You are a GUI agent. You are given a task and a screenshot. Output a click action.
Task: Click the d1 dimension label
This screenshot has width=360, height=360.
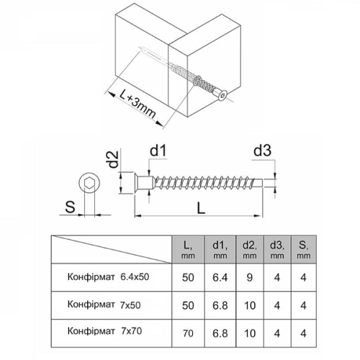158,151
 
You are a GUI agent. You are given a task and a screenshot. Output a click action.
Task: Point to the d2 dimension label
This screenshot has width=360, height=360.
113,159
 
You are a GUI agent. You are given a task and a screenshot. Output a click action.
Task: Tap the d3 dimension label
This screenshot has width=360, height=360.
262,150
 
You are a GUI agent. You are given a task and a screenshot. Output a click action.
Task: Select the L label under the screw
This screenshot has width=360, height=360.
201,208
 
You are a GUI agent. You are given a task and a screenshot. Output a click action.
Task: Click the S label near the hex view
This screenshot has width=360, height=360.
70,207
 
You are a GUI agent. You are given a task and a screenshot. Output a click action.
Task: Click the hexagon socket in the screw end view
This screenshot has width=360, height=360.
89,184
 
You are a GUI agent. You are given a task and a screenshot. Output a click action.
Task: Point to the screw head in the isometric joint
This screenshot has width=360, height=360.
220,95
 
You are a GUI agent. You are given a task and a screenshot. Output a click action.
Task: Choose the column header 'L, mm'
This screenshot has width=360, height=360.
188,250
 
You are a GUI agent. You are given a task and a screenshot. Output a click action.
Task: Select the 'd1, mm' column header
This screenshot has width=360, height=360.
220,250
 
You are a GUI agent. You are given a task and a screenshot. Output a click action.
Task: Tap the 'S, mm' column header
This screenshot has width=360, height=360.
303,250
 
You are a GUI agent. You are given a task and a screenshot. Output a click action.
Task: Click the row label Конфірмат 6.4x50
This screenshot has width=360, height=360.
108,277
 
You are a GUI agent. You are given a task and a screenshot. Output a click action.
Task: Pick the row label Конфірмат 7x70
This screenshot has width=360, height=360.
104,331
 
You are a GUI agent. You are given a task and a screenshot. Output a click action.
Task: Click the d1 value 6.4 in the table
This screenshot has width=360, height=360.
220,277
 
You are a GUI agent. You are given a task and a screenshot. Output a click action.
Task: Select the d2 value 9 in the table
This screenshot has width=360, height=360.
250,277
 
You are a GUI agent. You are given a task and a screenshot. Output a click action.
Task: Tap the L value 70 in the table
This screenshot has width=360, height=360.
188,333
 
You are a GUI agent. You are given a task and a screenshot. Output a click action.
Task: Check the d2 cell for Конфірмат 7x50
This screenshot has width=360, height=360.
250,305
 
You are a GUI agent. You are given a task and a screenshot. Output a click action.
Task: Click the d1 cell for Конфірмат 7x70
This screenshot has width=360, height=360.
220,333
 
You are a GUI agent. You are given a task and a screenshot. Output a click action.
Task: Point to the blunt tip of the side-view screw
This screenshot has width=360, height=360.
262,183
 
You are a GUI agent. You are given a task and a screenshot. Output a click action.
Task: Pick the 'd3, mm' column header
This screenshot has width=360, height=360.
277,250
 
